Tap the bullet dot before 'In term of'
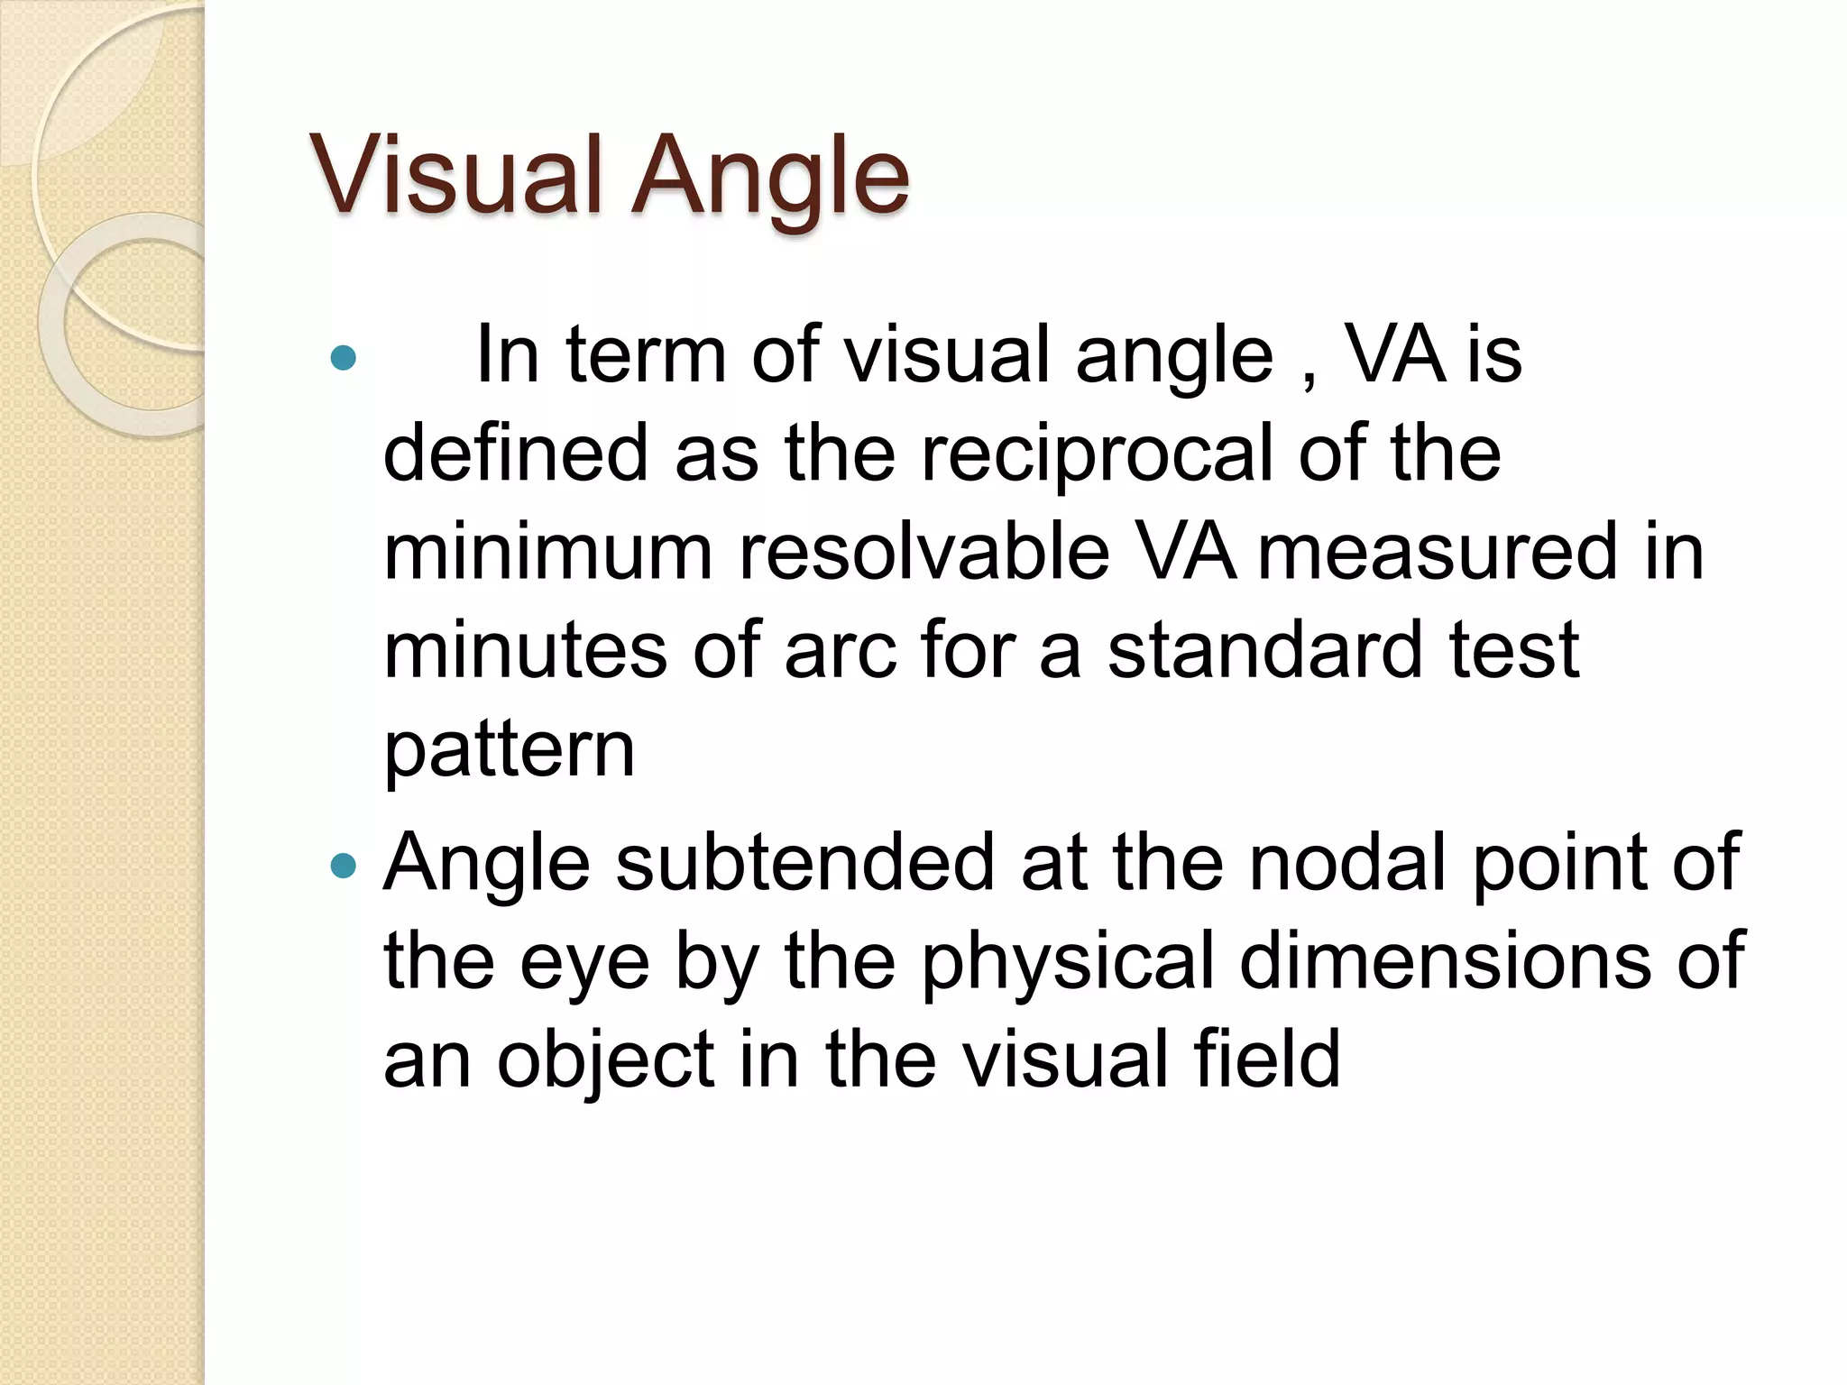click(x=344, y=359)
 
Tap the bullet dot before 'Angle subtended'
click(x=344, y=867)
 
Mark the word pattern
click(x=510, y=750)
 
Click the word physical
click(x=1068, y=963)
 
